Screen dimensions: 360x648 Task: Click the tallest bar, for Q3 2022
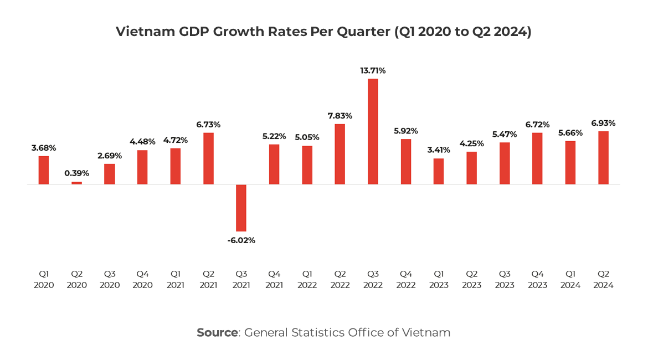(373, 131)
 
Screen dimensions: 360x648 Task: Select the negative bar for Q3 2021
(241, 208)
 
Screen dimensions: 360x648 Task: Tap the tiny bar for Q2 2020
(76, 183)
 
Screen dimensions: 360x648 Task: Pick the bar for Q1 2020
(44, 170)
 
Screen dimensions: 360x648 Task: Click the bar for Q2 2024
(603, 158)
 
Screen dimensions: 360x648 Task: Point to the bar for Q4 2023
(537, 158)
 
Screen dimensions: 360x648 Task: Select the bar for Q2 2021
(208, 158)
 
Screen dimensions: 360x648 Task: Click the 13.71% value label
(373, 71)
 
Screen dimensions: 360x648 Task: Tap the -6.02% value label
(241, 240)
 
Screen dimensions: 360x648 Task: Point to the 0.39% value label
(76, 173)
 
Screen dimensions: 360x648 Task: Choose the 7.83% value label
(340, 116)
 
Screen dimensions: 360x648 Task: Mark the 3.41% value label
(438, 150)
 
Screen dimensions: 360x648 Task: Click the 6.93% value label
(603, 123)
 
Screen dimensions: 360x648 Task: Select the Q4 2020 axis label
(142, 279)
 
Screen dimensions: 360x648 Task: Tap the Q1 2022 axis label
(307, 279)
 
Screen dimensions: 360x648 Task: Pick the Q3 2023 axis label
(504, 279)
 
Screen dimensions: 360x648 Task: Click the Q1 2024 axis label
(570, 279)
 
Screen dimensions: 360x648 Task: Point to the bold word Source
(217, 333)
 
